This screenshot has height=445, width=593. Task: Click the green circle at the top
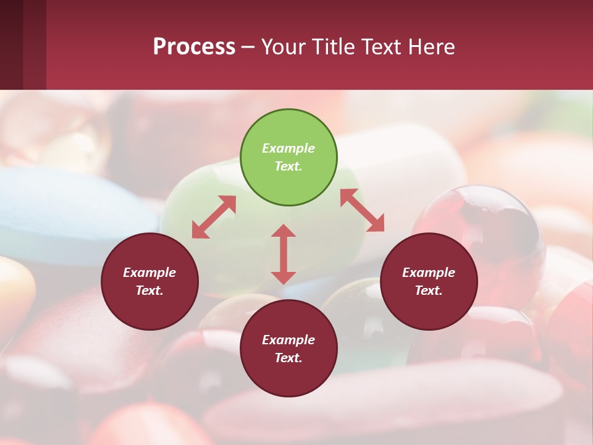pos(288,157)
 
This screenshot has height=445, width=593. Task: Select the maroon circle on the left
pos(149,281)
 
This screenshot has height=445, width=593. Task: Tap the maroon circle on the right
pos(429,281)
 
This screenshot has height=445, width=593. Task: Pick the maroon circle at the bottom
pos(288,349)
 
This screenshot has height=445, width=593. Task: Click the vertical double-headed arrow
pos(284,254)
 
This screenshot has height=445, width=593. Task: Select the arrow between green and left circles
pos(214,217)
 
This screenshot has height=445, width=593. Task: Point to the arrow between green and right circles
pos(363,210)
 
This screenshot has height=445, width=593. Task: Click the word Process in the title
pos(194,47)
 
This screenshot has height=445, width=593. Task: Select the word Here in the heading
pos(432,47)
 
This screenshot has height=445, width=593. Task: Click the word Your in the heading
pos(283,47)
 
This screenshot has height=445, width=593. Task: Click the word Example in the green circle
pos(288,148)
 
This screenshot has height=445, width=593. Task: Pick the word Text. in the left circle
pos(149,290)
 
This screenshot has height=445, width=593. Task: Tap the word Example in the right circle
pos(429,273)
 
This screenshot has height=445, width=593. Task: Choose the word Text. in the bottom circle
pos(288,358)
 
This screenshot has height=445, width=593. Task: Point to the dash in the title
pos(248,47)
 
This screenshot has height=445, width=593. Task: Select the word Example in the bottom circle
pos(288,340)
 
